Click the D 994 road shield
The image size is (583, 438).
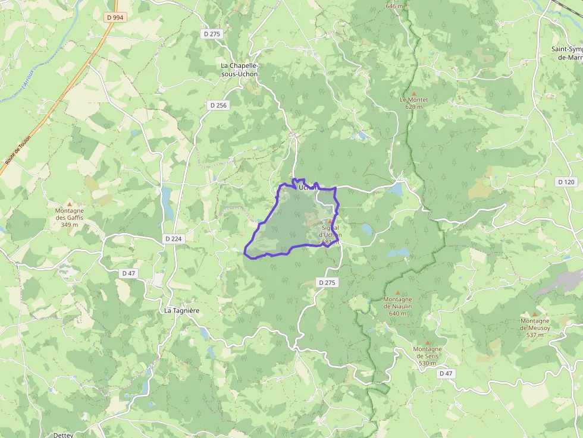[115, 18]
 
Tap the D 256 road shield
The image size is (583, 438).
[218, 105]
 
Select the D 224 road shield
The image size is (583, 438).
[174, 239]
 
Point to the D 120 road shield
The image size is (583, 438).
[567, 181]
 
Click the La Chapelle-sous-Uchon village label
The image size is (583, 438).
[240, 70]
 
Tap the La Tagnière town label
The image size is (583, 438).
[181, 311]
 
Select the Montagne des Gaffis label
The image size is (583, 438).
[70, 218]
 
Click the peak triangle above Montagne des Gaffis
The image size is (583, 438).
[70, 203]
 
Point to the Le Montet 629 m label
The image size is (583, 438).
[413, 103]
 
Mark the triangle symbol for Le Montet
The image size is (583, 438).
[414, 93]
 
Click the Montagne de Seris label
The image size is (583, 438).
[427, 356]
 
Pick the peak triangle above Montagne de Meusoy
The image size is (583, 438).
[535, 314]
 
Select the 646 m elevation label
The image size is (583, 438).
[394, 6]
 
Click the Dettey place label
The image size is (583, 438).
[63, 434]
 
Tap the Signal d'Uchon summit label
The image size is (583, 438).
[330, 231]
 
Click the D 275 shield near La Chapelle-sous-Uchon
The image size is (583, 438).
[212, 34]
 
